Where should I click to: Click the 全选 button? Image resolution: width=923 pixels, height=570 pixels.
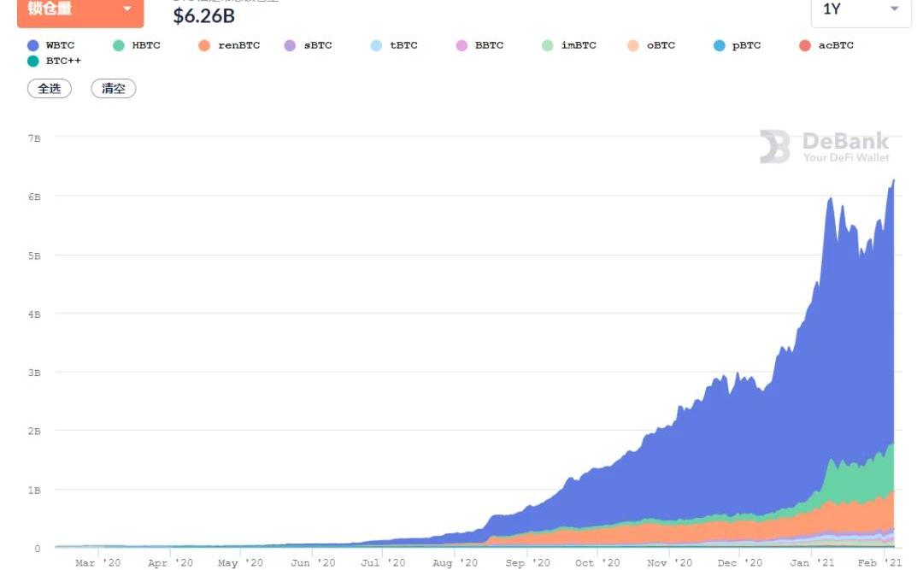point(50,88)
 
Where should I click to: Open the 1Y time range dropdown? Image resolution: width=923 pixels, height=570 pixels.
point(861,9)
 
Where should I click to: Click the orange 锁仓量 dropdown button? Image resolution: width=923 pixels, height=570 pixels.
point(80,9)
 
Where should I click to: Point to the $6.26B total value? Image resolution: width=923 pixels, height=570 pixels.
point(204,15)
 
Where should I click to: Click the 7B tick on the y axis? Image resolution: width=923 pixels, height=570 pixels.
point(34,138)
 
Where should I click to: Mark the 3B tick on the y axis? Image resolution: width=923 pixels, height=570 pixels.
point(34,373)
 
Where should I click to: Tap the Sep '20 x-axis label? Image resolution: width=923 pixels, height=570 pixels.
point(528,563)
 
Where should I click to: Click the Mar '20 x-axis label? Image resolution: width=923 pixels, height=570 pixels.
point(97,563)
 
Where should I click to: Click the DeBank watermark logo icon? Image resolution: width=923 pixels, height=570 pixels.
point(775,147)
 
